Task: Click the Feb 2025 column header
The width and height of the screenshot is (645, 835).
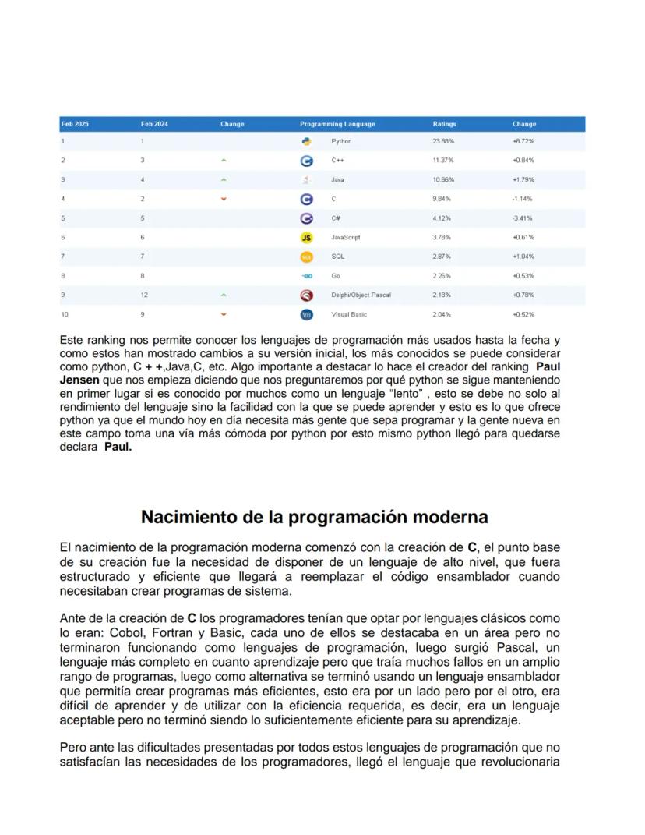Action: [75, 124]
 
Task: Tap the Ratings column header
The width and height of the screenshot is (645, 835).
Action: [444, 124]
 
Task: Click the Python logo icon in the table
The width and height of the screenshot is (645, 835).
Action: [306, 142]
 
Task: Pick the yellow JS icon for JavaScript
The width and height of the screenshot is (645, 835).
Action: [306, 237]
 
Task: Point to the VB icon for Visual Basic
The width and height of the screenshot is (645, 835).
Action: [306, 314]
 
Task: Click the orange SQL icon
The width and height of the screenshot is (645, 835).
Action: [306, 257]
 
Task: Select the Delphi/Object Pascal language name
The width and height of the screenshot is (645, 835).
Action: [361, 295]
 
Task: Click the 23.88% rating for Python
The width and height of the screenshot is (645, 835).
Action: [443, 142]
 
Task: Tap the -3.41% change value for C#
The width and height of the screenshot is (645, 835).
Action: [523, 218]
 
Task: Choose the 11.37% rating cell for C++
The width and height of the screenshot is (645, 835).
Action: [443, 161]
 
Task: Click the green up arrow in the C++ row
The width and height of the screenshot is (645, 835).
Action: [224, 161]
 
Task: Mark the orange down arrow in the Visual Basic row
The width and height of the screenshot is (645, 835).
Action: [224, 314]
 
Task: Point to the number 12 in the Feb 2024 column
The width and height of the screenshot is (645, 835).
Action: [144, 295]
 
